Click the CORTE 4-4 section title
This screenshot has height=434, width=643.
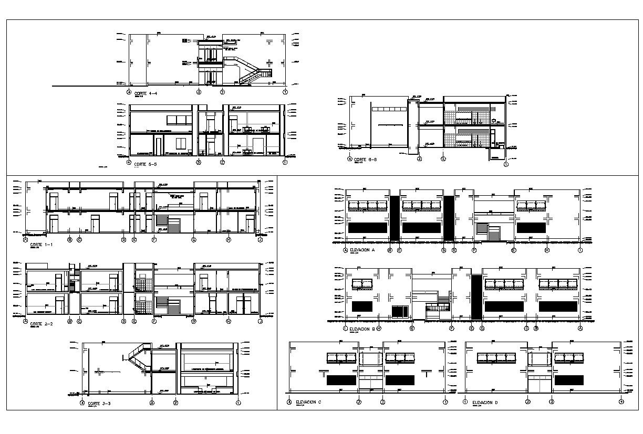[146, 93]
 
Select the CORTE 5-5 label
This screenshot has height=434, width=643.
[146, 164]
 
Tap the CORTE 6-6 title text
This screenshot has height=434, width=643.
[366, 159]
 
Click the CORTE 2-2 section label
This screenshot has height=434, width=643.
[42, 324]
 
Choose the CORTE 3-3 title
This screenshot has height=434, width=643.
[98, 404]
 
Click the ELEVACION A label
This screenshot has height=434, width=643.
[362, 251]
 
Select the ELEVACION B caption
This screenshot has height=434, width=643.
[362, 330]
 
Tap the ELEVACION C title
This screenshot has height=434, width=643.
[308, 402]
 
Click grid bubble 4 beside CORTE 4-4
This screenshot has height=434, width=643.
[129, 92]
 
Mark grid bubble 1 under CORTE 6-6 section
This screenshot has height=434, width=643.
[506, 164]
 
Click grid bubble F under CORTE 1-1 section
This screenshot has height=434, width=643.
[154, 240]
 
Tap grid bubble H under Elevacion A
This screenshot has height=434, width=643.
[547, 251]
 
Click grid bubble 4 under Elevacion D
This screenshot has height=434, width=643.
[621, 402]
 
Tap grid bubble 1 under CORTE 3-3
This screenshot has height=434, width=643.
[238, 403]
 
